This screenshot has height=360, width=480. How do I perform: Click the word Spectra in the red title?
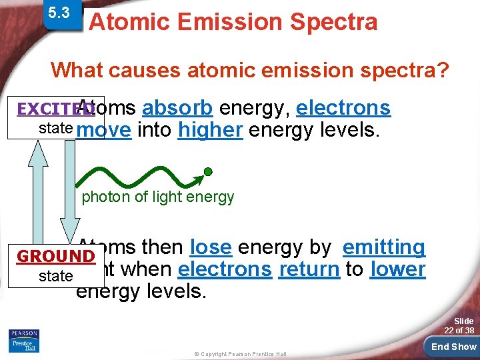pyautogui.click(x=333, y=22)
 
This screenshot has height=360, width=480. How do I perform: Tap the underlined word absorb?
pyautogui.click(x=177, y=107)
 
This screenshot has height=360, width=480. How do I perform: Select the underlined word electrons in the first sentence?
pyautogui.click(x=343, y=107)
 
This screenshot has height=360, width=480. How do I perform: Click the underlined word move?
pyautogui.click(x=104, y=130)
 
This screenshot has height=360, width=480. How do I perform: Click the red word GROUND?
pyautogui.click(x=55, y=257)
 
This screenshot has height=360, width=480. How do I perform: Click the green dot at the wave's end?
pyautogui.click(x=208, y=172)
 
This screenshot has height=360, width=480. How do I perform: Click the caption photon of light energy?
pyautogui.click(x=158, y=197)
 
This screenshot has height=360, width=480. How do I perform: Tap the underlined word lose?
pyautogui.click(x=211, y=247)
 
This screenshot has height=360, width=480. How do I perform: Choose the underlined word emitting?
pyautogui.click(x=384, y=247)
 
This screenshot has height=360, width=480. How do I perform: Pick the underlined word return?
pyautogui.click(x=309, y=269)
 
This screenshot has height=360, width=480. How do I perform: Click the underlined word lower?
pyautogui.click(x=397, y=269)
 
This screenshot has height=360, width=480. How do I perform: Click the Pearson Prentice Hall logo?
pyautogui.click(x=24, y=340)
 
